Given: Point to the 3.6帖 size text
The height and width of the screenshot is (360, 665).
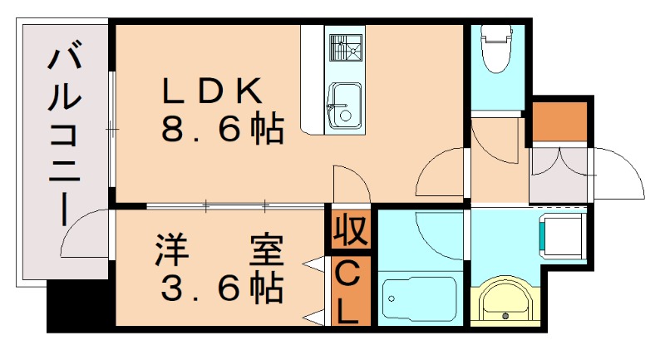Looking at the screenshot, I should click(x=219, y=288).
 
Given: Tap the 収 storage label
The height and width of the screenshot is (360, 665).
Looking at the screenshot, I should click(x=351, y=229).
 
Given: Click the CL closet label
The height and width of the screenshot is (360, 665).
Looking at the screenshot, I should click(x=350, y=290).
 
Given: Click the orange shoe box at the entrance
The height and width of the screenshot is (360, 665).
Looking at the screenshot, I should click(x=559, y=122).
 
